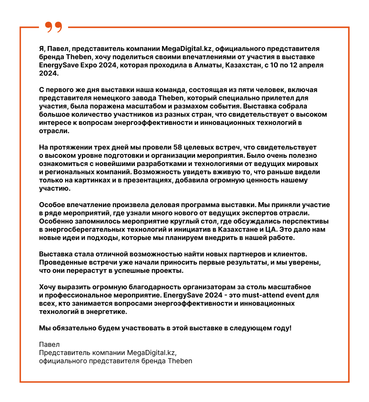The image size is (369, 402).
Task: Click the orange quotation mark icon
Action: [53, 27]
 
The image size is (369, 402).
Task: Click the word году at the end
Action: [282, 328]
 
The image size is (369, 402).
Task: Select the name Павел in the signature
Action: [49, 344]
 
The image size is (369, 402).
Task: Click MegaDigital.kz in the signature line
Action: [152, 353]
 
